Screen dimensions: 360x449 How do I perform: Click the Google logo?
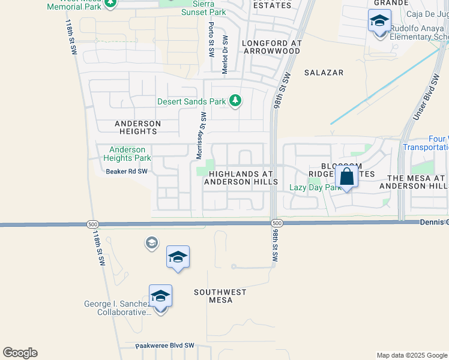(x=20, y=353)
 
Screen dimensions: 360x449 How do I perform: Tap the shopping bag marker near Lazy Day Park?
(x=347, y=177)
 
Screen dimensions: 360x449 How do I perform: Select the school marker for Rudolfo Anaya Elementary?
(x=379, y=21)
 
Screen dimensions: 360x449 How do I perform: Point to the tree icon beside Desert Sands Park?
(x=237, y=101)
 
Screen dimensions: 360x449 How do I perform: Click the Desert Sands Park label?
(x=191, y=101)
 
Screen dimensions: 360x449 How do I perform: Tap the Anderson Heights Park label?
(x=127, y=154)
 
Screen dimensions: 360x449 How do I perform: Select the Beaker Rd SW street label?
(x=127, y=171)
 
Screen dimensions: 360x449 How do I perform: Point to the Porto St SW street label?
(x=211, y=40)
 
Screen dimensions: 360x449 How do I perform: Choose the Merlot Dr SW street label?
(x=226, y=53)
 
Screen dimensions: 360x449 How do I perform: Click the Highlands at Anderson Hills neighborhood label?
(x=240, y=178)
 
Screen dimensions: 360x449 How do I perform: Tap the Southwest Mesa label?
(x=220, y=296)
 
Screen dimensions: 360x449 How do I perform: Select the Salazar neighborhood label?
(x=324, y=73)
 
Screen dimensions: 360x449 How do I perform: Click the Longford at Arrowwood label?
(x=271, y=47)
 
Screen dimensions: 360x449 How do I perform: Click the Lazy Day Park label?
(x=315, y=188)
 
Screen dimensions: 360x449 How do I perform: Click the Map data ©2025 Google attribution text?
(x=411, y=355)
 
